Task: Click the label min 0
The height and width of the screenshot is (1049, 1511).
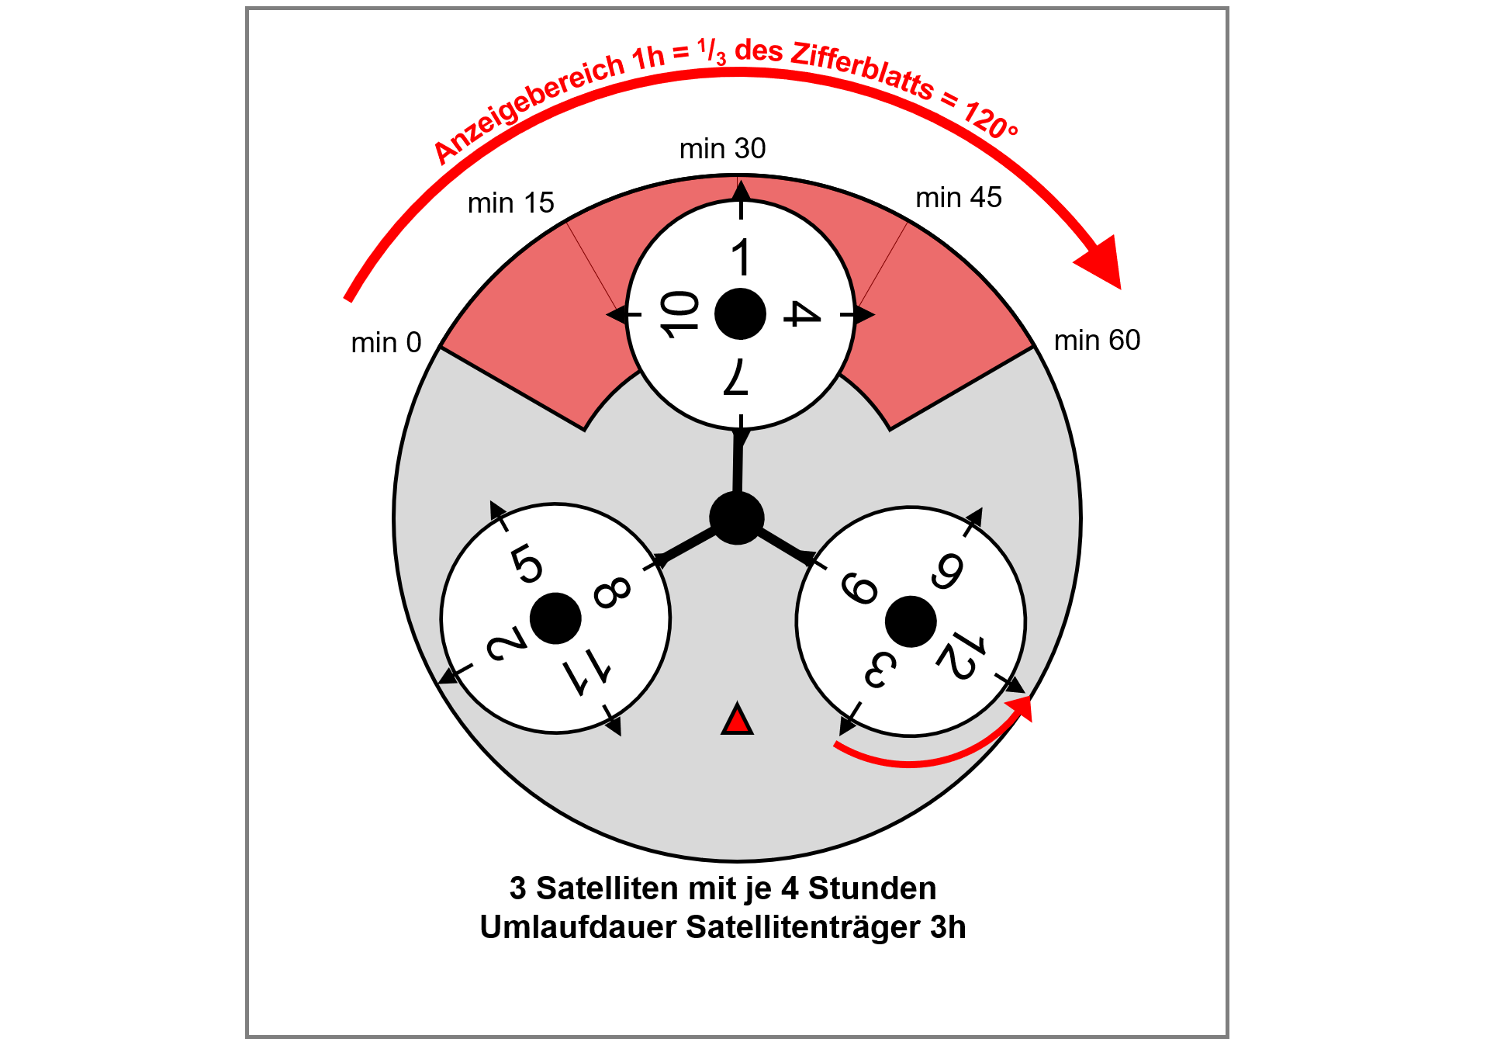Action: tap(386, 342)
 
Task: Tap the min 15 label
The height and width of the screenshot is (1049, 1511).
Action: tap(510, 203)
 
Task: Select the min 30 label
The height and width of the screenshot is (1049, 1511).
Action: tap(722, 148)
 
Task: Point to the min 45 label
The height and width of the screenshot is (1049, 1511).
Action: tap(959, 198)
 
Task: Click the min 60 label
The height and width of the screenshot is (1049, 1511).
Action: tap(1097, 340)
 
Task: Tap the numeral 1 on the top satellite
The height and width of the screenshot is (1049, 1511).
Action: tap(742, 258)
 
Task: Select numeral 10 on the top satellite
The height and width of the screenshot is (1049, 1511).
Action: tap(679, 314)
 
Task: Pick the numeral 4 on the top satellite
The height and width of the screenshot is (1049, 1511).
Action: tap(801, 314)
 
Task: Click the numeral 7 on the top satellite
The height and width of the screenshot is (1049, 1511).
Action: tap(736, 377)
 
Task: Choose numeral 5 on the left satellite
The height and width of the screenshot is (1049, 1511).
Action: tap(527, 563)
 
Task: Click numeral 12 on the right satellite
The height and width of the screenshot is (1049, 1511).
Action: tap(961, 656)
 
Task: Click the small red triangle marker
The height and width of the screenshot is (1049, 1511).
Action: tap(737, 720)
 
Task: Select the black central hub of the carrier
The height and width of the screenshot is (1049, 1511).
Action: tap(737, 518)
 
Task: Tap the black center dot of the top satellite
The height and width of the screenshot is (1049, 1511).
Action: tap(740, 314)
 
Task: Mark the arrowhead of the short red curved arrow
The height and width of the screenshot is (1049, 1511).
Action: tap(1021, 706)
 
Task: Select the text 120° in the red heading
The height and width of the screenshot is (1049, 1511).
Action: tap(991, 121)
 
